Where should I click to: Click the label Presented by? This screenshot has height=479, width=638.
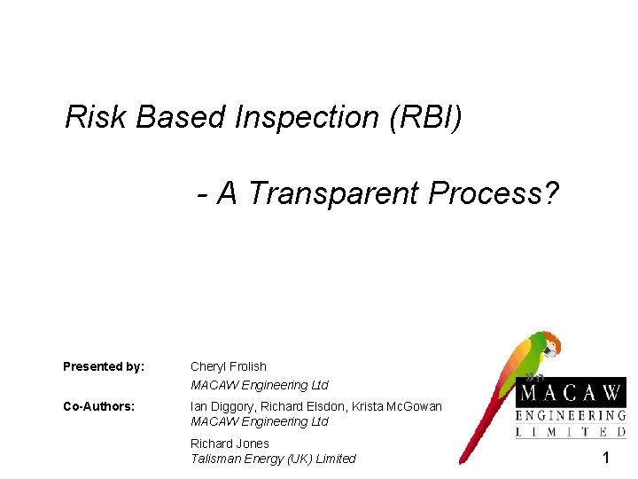pos(104,366)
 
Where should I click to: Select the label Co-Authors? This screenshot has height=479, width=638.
pos(98,406)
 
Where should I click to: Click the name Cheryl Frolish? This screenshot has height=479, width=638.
pos(228,366)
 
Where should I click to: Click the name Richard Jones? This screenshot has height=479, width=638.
pos(230,444)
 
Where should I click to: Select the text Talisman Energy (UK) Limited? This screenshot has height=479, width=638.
pos(273,459)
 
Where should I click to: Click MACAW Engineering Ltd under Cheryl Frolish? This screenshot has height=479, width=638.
pos(259,385)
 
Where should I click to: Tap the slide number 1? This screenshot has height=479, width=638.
pos(606,458)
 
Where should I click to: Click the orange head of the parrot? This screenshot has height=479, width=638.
pos(549,342)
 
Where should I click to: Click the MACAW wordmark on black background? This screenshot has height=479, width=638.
pos(572,392)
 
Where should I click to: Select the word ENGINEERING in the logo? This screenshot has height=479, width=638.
pos(572,415)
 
